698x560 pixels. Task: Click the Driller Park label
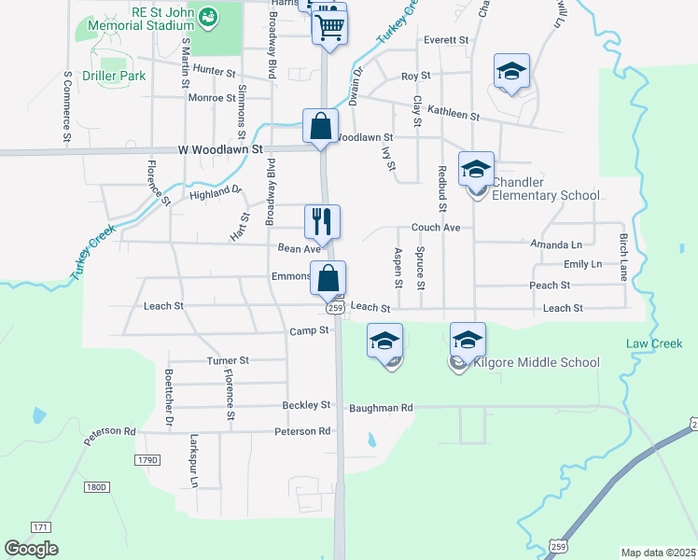click(114, 76)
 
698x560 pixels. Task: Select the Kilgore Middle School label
click(537, 362)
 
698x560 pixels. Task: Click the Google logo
click(32, 549)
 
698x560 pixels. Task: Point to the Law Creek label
click(654, 344)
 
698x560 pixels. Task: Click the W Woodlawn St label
click(222, 149)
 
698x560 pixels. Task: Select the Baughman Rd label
click(381, 408)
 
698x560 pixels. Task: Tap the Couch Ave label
click(436, 228)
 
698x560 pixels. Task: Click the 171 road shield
click(39, 527)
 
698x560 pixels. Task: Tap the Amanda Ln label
click(550, 245)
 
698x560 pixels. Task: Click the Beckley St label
click(307, 405)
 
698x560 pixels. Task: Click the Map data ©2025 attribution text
click(658, 553)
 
